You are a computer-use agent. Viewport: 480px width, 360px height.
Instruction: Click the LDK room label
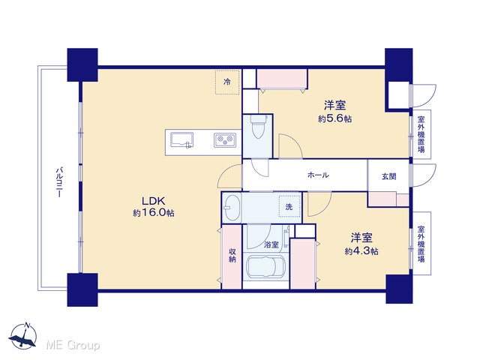[153, 201]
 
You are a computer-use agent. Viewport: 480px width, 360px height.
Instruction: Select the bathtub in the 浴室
[265, 267]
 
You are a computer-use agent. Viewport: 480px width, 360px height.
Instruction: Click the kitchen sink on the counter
[181, 140]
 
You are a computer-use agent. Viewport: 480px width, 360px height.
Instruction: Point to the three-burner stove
[225, 140]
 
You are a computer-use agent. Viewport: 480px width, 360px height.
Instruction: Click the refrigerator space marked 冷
[227, 82]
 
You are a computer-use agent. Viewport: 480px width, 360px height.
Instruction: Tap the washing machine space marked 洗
[289, 207]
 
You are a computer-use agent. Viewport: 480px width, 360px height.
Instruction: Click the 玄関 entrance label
[388, 177]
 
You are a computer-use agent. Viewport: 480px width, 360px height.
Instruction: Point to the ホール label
[318, 175]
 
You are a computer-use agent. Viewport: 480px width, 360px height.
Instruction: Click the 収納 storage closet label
[232, 256]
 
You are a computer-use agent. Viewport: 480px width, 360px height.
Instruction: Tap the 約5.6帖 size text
[334, 118]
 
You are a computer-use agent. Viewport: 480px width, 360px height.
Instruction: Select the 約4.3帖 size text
[361, 251]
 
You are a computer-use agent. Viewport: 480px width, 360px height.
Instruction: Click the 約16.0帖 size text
[153, 213]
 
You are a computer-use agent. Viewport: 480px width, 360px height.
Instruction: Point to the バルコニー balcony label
[59, 182]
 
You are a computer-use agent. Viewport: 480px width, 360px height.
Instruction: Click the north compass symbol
[23, 336]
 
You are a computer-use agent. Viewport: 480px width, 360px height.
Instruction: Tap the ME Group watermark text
[73, 346]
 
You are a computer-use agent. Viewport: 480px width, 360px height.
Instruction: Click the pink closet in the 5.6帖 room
[282, 79]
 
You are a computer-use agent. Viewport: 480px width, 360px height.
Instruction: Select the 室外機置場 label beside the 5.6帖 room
[421, 134]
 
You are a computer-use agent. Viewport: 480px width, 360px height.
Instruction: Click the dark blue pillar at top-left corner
[82, 64]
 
